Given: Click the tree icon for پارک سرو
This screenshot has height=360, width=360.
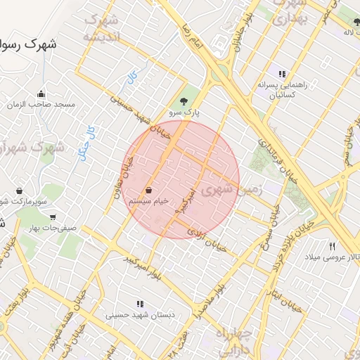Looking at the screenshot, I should (184, 101).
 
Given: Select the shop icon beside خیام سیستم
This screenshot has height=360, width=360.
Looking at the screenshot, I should (149, 191).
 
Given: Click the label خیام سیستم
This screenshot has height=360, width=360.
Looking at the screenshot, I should (148, 201).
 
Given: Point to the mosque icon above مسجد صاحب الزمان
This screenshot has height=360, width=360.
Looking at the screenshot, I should (41, 94).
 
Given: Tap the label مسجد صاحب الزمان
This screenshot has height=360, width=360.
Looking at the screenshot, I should (41, 105).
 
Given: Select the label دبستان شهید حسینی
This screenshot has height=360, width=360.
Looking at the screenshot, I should (139, 316).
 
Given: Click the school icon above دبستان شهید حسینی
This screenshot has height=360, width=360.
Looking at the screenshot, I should (140, 304).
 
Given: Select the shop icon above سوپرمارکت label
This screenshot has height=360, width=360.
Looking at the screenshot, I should (19, 190).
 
